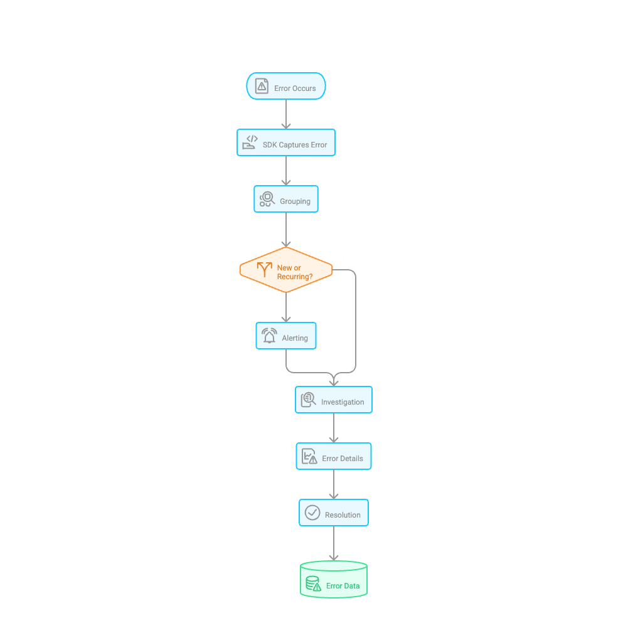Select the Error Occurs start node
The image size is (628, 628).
click(x=286, y=87)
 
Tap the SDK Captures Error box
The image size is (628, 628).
click(x=286, y=143)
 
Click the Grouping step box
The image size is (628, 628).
click(x=286, y=200)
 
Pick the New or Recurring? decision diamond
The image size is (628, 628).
click(x=286, y=270)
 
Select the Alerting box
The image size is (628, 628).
click(x=286, y=336)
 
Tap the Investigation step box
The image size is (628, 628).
click(x=334, y=400)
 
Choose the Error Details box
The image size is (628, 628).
click(x=334, y=457)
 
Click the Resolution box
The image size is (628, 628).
click(x=334, y=513)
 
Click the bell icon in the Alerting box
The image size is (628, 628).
click(x=270, y=336)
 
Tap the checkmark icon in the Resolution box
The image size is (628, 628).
click(x=312, y=513)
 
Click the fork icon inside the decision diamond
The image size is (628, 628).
click(x=265, y=269)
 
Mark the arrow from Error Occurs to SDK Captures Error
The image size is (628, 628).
click(x=286, y=114)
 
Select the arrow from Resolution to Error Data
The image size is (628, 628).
click(x=334, y=543)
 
